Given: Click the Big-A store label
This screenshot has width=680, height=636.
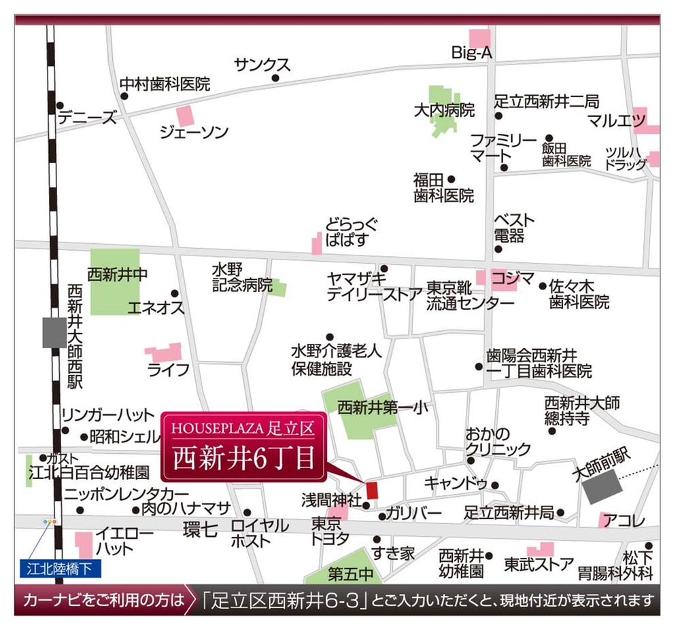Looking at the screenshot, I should point(471,53).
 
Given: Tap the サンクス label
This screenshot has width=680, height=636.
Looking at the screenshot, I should point(262,65).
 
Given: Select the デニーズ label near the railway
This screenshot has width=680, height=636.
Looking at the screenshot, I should point(87,118).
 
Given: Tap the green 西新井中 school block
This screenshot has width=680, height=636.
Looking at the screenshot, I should point(115,281).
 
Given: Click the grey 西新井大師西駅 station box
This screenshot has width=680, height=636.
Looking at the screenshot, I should point(54,332).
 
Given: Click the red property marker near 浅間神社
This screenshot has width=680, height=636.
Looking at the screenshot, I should point(371,489).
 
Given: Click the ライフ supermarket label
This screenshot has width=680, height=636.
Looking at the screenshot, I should point(169,370).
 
